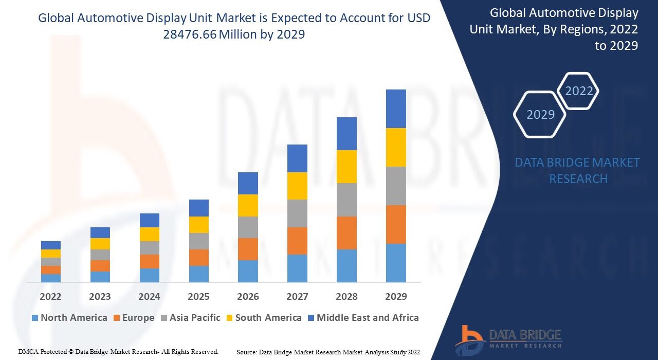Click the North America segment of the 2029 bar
tap(396, 263)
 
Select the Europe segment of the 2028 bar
tap(346, 233)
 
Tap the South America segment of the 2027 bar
tap(297, 186)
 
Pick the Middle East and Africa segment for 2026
tap(248, 183)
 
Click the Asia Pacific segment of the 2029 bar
tap(396, 186)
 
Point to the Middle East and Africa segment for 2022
tap(51, 245)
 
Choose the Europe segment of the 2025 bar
tap(198, 258)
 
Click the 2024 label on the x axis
tap(149, 297)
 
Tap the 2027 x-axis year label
tap(297, 297)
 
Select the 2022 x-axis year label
tap(51, 297)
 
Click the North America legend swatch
tap(34, 318)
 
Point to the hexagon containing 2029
tap(540, 114)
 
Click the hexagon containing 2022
tap(579, 92)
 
